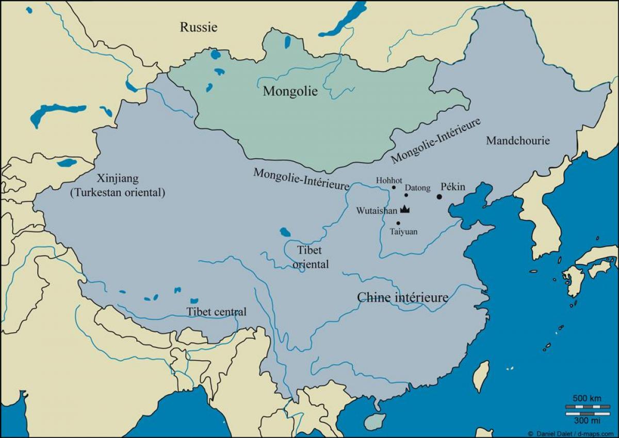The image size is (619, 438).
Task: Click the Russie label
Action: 199,27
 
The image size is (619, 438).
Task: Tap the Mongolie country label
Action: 290,92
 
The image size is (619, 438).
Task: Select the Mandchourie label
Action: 518,141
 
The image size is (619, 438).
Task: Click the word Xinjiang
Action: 117,179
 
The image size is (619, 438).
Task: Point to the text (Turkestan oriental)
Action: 117,193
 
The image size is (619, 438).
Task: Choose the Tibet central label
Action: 216,312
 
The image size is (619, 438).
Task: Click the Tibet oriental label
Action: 310,257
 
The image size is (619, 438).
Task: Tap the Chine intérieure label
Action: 403,297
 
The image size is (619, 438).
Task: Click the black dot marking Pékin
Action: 439,196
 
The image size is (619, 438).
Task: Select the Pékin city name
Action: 453,187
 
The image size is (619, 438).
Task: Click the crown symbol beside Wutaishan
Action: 405,210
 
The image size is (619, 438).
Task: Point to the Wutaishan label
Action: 377,211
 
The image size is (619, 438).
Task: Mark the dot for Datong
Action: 406,195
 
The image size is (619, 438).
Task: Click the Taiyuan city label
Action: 403,232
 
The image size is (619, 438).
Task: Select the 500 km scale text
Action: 587,398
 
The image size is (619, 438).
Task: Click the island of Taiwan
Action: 481,376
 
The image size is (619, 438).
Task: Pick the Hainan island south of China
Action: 374,421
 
